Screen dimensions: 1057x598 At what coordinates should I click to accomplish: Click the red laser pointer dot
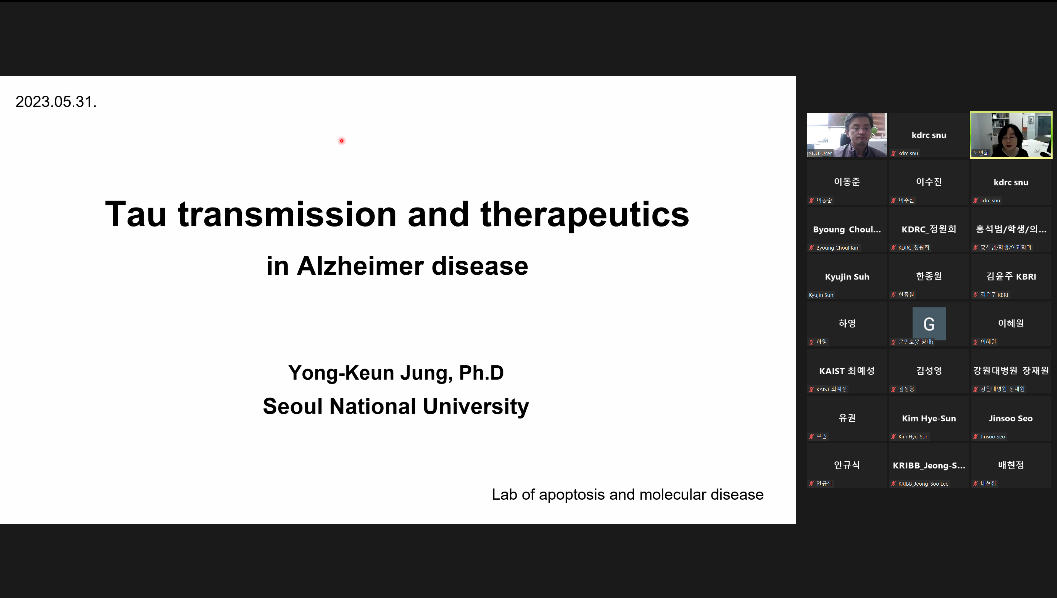pyautogui.click(x=341, y=141)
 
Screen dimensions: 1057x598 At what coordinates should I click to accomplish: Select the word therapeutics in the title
pyautogui.click(x=585, y=215)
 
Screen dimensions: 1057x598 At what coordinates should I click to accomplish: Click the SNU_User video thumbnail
pyautogui.click(x=847, y=135)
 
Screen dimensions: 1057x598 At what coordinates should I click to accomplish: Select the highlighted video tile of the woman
pyautogui.click(x=1011, y=135)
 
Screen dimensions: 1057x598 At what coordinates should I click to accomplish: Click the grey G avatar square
pyautogui.click(x=929, y=324)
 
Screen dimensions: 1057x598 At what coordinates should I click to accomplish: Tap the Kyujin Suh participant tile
pyautogui.click(x=847, y=276)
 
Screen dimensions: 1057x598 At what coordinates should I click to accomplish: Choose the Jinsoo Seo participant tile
pyautogui.click(x=1011, y=418)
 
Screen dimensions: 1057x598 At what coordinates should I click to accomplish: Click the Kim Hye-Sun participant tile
pyautogui.click(x=929, y=418)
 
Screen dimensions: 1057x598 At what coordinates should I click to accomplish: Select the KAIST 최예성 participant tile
pyautogui.click(x=847, y=371)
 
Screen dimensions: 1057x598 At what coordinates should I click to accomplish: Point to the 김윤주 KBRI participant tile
pyautogui.click(x=1011, y=276)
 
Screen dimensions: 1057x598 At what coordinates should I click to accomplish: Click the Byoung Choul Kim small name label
pyautogui.click(x=838, y=248)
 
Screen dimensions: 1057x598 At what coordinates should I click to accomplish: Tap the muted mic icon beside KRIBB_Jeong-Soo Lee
pyautogui.click(x=893, y=484)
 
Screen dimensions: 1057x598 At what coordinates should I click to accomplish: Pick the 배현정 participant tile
pyautogui.click(x=1011, y=465)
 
